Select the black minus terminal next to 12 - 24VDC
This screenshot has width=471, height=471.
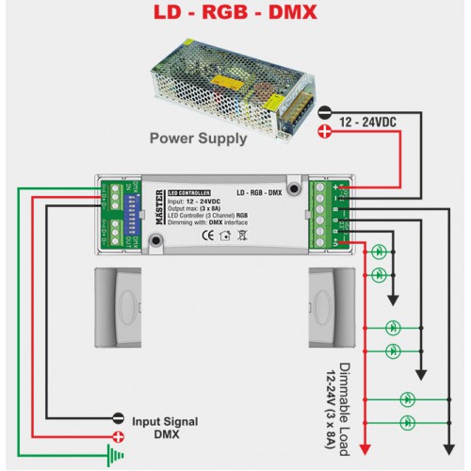click(325, 111)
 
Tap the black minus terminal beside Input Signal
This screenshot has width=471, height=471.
click(119, 417)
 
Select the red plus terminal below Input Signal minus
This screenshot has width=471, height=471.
click(119, 436)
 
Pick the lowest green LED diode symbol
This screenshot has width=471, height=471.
click(408, 417)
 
